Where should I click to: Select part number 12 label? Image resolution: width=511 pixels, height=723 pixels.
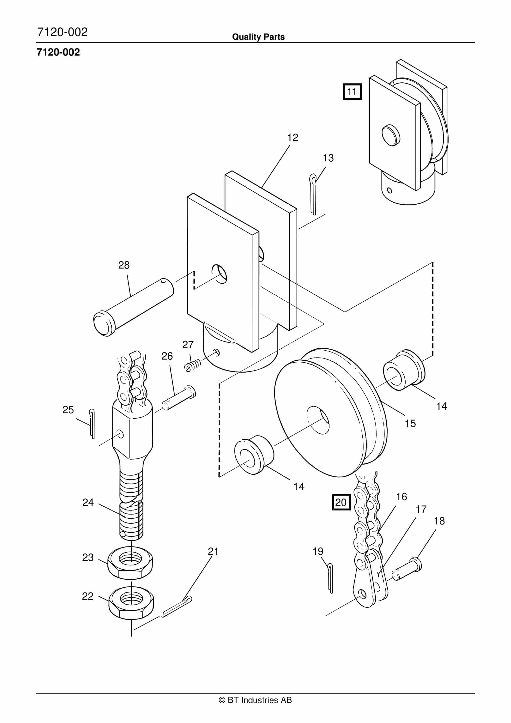(x=292, y=137)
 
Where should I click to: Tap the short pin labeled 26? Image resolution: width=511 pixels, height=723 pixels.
(x=179, y=398)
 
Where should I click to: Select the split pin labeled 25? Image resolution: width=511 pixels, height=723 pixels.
(x=92, y=424)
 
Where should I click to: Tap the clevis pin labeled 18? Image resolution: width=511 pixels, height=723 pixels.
(x=407, y=570)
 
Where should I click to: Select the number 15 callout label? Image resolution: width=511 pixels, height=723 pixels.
(x=410, y=424)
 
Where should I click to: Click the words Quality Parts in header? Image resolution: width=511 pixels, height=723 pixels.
(x=258, y=37)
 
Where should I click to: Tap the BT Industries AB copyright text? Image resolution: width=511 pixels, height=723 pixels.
(x=255, y=700)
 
